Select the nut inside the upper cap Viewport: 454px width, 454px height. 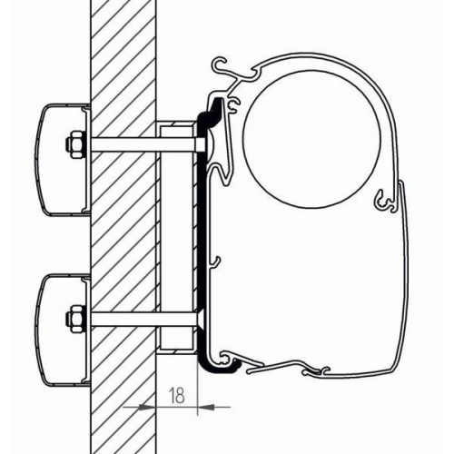point(70,144)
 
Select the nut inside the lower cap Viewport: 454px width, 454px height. point(70,319)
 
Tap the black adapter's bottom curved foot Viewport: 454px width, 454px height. point(218,365)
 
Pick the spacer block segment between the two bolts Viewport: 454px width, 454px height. point(177,232)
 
